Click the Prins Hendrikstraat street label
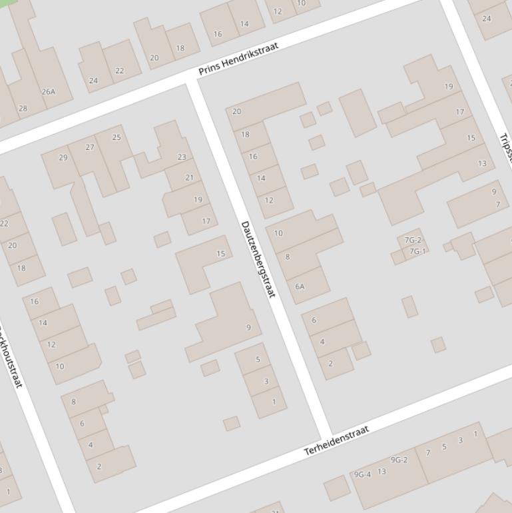click(238, 58)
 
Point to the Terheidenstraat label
click(336, 441)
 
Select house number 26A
click(49, 91)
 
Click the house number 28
click(23, 108)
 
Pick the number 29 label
click(63, 158)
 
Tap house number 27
click(90, 147)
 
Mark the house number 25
click(117, 137)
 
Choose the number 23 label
click(182, 157)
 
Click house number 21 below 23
click(189, 178)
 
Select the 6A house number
click(300, 286)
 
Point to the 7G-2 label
click(413, 241)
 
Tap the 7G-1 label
click(417, 251)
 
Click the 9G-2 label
click(399, 460)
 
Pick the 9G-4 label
click(362, 474)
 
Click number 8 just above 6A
click(288, 256)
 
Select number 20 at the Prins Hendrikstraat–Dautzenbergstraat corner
click(236, 111)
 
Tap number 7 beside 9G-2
click(428, 453)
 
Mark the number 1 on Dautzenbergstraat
click(274, 402)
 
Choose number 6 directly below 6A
click(314, 320)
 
